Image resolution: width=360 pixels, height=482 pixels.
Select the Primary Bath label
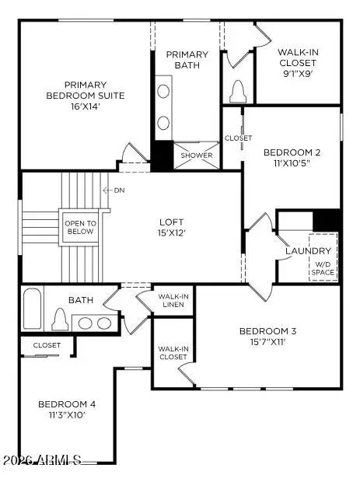pyautogui.click(x=187, y=60)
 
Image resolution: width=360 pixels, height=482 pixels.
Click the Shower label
pyautogui.click(x=197, y=155)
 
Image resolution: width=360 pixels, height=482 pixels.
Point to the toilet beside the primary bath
pyautogui.click(x=238, y=92)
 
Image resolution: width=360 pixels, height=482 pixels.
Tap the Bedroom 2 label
pyautogui.click(x=291, y=152)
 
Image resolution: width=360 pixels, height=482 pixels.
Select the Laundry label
pyautogui.click(x=309, y=251)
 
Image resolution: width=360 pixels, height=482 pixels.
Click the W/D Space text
pyautogui.click(x=323, y=267)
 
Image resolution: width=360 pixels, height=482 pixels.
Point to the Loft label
pyautogui.click(x=170, y=221)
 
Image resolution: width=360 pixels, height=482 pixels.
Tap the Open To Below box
pyautogui.click(x=79, y=227)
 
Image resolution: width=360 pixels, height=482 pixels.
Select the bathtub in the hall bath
pyautogui.click(x=31, y=309)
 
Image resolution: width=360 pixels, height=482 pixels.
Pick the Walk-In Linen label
pyautogui.click(x=172, y=300)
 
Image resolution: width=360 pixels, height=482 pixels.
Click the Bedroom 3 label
pyautogui.click(x=267, y=332)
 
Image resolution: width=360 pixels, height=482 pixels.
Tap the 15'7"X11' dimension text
pyautogui.click(x=267, y=343)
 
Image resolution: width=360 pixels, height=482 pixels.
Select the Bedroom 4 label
pyautogui.click(x=68, y=404)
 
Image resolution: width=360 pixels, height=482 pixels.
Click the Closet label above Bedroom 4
pyautogui.click(x=47, y=345)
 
